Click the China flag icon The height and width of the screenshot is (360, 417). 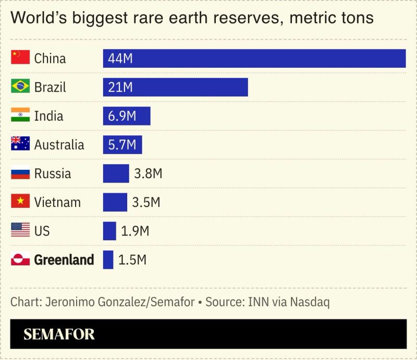pyautogui.click(x=20, y=57)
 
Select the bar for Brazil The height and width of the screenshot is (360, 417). pyautogui.click(x=175, y=87)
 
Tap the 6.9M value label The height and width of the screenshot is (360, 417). pyautogui.click(x=122, y=116)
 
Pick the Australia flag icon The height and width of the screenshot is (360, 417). pyautogui.click(x=20, y=144)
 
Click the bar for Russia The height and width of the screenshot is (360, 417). pyautogui.click(x=116, y=173)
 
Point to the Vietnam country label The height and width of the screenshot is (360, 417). pyautogui.click(x=57, y=202)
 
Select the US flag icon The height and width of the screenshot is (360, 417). pyautogui.click(x=20, y=230)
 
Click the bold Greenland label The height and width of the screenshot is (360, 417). pyautogui.click(x=64, y=259)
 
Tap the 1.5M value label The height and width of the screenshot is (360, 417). pyautogui.click(x=132, y=259)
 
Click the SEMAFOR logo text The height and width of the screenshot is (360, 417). pyautogui.click(x=59, y=334)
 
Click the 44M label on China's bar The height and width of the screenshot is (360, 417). pyautogui.click(x=120, y=58)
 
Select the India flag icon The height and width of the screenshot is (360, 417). pyautogui.click(x=20, y=115)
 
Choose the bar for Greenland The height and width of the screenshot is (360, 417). pyautogui.click(x=108, y=259)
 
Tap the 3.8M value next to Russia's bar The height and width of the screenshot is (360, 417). pyautogui.click(x=148, y=173)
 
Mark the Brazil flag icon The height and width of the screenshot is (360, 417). pyautogui.click(x=20, y=86)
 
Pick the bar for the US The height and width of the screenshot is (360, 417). pyautogui.click(x=109, y=231)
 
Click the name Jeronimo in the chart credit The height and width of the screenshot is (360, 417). pyautogui.click(x=71, y=302)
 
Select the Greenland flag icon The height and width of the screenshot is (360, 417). pyautogui.click(x=20, y=259)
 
